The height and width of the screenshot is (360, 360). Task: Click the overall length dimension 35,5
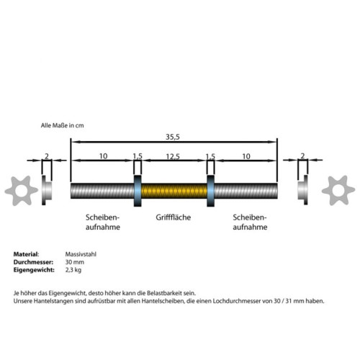coord(173,137)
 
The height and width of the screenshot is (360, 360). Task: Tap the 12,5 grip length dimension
coord(173,156)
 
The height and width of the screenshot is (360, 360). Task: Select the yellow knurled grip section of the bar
coord(174,191)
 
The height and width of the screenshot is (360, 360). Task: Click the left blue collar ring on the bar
coord(138,191)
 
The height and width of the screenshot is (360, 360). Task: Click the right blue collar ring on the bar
coord(210,191)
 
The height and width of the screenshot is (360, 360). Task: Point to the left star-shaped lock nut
coord(21,191)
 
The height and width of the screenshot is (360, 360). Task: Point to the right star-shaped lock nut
coord(338,190)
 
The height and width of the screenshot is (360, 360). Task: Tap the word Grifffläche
coord(174,217)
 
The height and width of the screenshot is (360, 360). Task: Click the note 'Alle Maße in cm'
coord(62,125)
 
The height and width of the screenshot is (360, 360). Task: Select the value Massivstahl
coord(81,254)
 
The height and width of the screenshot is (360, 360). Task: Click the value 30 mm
coord(75,262)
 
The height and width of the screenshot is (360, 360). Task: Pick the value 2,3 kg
coord(73,270)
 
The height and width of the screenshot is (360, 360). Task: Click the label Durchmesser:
coord(33,262)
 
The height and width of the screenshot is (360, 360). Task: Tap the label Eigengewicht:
coord(34,270)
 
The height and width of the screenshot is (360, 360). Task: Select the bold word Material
coord(26,254)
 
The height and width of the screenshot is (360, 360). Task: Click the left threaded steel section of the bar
coord(102,191)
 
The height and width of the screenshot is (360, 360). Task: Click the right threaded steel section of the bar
coord(246,191)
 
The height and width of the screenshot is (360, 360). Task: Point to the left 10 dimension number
coord(103,156)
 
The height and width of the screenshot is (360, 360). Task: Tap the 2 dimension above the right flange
coord(302,156)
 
